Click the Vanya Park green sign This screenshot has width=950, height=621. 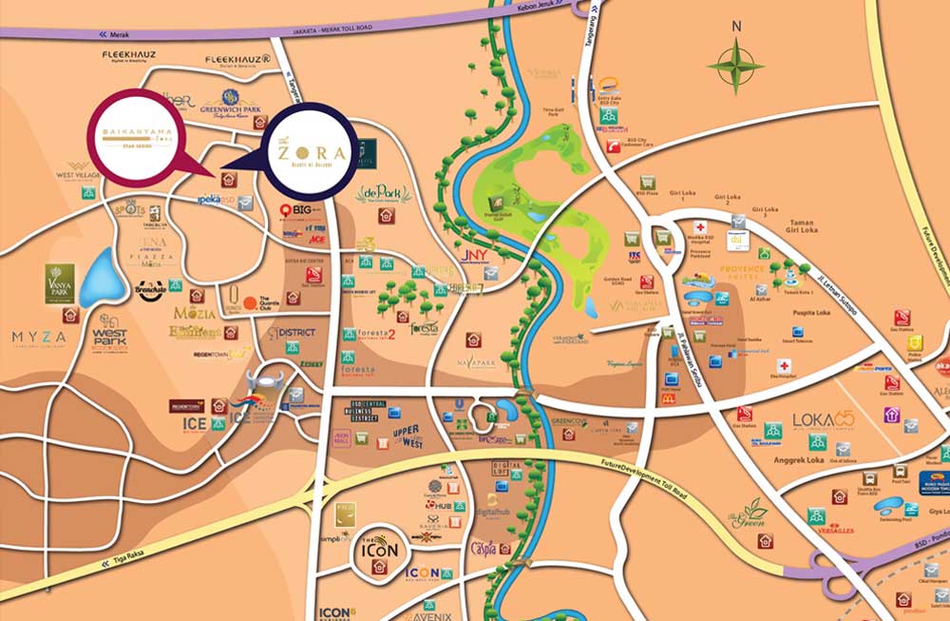tap(59, 283)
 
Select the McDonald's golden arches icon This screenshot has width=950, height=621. tap(668, 398)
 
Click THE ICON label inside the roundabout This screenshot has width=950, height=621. tap(379, 549)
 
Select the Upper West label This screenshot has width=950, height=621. tap(407, 437)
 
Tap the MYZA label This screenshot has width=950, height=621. tap(39, 337)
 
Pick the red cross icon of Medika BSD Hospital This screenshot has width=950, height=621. tap(700, 228)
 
